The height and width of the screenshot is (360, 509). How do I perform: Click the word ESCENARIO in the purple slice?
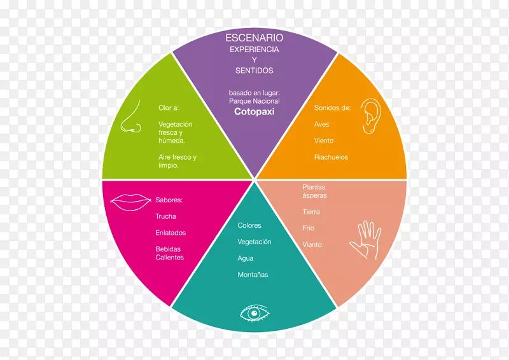(x=254, y=38)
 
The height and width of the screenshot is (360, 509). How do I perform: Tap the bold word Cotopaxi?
(x=254, y=111)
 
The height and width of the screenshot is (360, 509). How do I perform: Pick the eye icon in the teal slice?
(x=254, y=314)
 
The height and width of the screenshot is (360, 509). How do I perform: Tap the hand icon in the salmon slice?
(x=365, y=240)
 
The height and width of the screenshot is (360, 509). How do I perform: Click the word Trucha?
(x=165, y=217)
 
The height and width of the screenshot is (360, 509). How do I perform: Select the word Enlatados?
(x=171, y=233)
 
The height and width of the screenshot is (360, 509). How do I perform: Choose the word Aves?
(x=321, y=125)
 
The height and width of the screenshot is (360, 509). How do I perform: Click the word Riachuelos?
(x=331, y=157)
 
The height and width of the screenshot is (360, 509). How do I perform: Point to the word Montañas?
(x=253, y=275)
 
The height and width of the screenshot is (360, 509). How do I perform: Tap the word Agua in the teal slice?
(x=245, y=258)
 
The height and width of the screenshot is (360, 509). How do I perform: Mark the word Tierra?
(x=311, y=212)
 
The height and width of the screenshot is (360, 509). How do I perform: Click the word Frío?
(x=308, y=228)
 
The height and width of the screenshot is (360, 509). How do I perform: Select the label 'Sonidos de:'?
(x=332, y=108)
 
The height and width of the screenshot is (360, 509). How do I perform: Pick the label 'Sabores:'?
(x=169, y=200)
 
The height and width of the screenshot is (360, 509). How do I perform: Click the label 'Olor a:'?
(x=169, y=108)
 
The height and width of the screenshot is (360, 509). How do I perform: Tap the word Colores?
(x=249, y=226)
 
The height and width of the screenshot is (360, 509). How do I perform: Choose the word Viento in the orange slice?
(x=323, y=141)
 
